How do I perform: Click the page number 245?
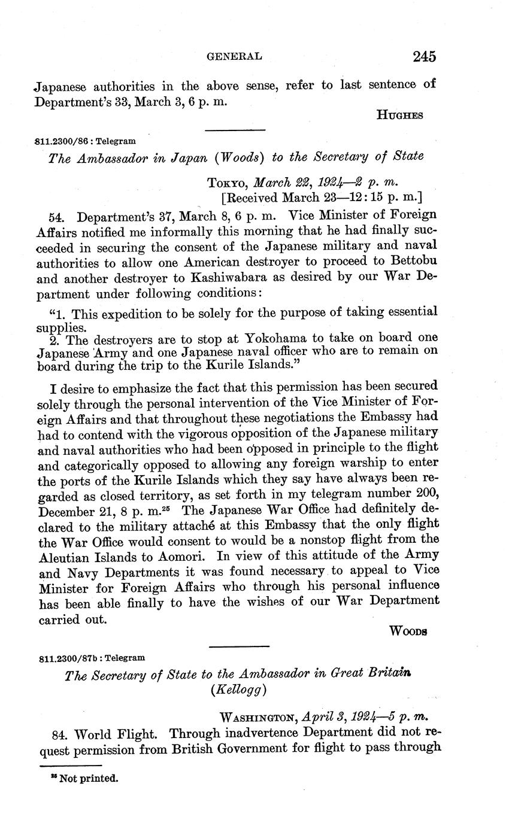tap(423, 56)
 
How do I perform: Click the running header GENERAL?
tap(234, 56)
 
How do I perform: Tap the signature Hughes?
tap(399, 115)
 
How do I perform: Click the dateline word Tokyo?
tap(228, 182)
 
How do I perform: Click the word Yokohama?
tap(259, 339)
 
